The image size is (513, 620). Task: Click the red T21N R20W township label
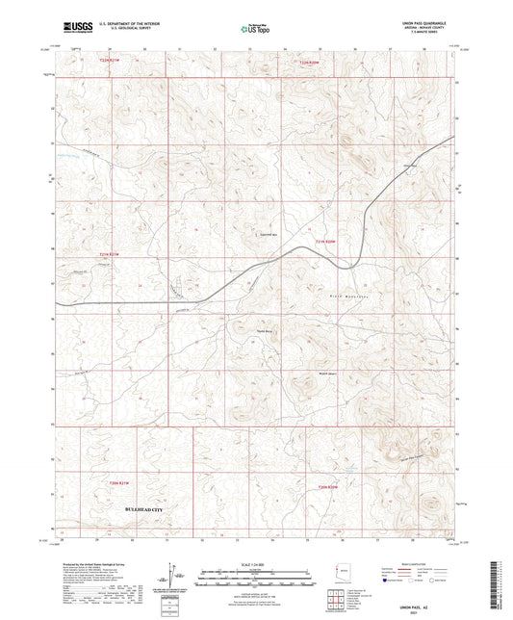[x=325, y=241]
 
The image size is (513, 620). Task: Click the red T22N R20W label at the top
[x=308, y=64]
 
